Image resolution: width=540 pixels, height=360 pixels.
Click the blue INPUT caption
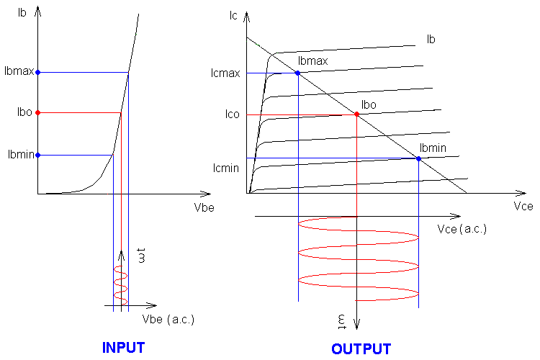(x=123, y=347)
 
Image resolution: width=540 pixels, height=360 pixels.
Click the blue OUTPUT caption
(x=361, y=349)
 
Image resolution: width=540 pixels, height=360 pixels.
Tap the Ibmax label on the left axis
(x=18, y=72)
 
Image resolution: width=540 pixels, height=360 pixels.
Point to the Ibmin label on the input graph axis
(x=19, y=155)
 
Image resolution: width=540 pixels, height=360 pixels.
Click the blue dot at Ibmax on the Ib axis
(x=37, y=72)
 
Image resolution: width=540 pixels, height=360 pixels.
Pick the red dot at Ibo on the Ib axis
(x=37, y=112)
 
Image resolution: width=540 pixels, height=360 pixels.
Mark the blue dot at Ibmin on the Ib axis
(x=37, y=155)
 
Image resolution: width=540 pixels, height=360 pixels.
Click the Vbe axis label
(x=204, y=207)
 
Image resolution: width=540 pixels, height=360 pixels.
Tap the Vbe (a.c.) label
(x=168, y=319)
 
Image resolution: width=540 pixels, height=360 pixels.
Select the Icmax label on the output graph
(x=225, y=73)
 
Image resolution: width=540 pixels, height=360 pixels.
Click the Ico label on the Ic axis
(x=231, y=114)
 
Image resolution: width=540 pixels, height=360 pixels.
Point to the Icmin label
(x=225, y=168)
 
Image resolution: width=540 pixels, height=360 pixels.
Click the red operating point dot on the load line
(x=357, y=114)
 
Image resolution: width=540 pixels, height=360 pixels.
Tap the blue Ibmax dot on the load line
(x=297, y=73)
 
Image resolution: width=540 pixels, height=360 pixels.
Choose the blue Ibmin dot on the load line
(x=418, y=158)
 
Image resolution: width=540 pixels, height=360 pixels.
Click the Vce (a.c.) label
(x=462, y=228)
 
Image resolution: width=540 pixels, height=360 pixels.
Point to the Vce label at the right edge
(x=523, y=207)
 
